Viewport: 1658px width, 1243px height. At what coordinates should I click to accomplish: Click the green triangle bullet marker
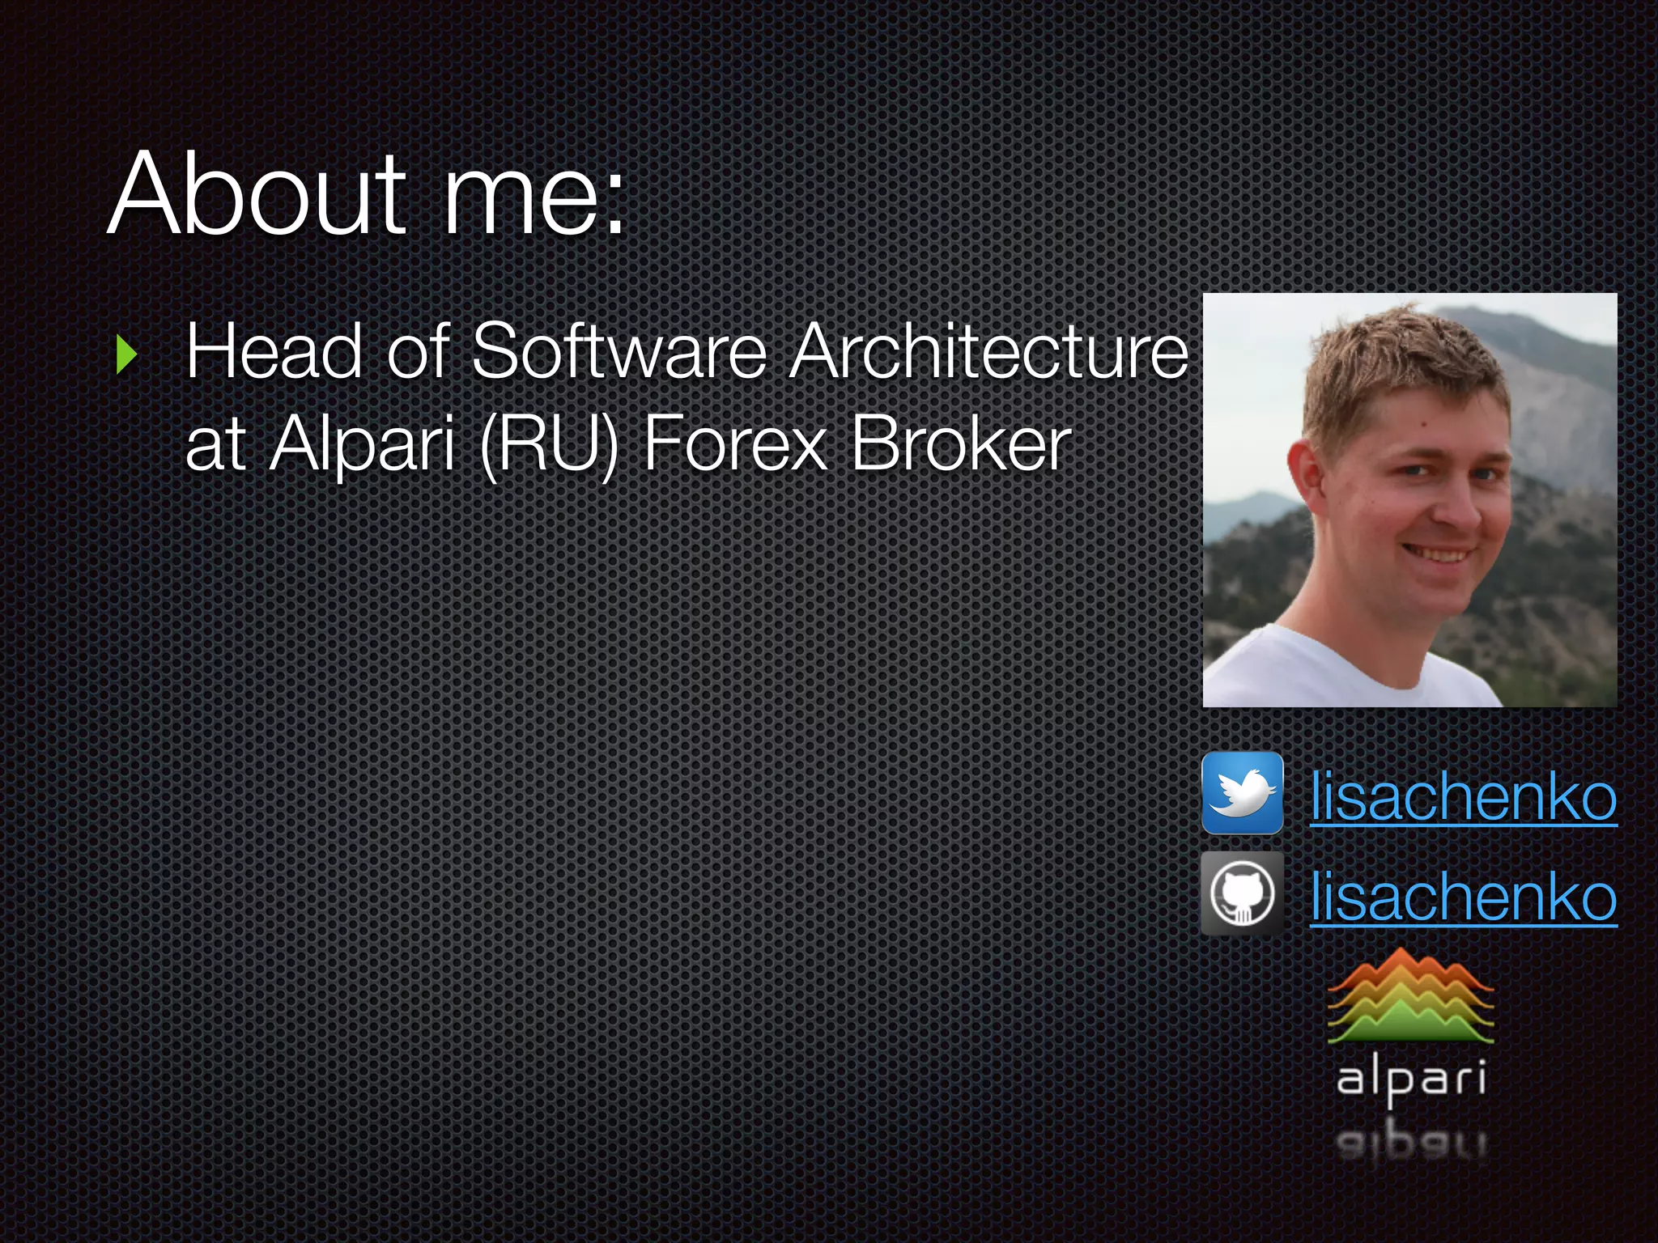click(x=126, y=354)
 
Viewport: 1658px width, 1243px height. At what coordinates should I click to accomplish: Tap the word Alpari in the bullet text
click(x=363, y=444)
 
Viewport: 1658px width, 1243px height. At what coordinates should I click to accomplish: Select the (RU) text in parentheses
click(x=548, y=444)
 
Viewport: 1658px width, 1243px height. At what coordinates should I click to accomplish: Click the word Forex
click(x=735, y=444)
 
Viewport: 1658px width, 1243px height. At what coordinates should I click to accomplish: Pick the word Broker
click(x=961, y=444)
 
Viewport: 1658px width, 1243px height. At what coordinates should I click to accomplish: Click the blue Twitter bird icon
click(x=1242, y=793)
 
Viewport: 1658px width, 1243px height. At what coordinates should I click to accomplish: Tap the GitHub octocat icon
click(x=1242, y=893)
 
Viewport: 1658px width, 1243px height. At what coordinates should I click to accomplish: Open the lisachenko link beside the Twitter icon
click(x=1463, y=797)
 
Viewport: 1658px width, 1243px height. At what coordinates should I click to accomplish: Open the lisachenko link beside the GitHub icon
click(x=1463, y=897)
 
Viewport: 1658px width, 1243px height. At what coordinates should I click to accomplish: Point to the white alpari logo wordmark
click(x=1411, y=1080)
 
